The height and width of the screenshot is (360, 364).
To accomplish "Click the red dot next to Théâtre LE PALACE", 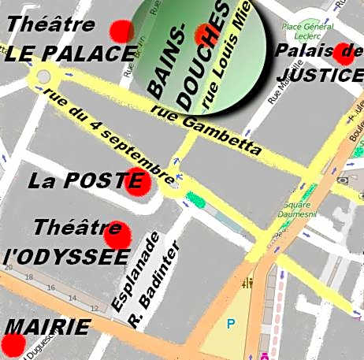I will click(x=122, y=31).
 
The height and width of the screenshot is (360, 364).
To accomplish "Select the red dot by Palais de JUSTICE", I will click(x=344, y=53).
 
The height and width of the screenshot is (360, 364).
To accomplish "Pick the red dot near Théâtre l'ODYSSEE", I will click(x=117, y=232).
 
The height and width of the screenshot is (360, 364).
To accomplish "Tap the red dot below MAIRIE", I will click(x=13, y=344).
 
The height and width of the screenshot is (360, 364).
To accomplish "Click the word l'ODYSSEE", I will click(x=66, y=258).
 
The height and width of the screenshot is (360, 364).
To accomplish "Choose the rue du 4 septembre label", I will click(x=110, y=133).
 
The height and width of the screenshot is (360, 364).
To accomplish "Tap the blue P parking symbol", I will click(x=231, y=323).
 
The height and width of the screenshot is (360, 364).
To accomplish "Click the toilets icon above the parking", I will click(x=251, y=282).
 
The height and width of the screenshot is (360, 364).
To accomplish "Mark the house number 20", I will click(x=9, y=268).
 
